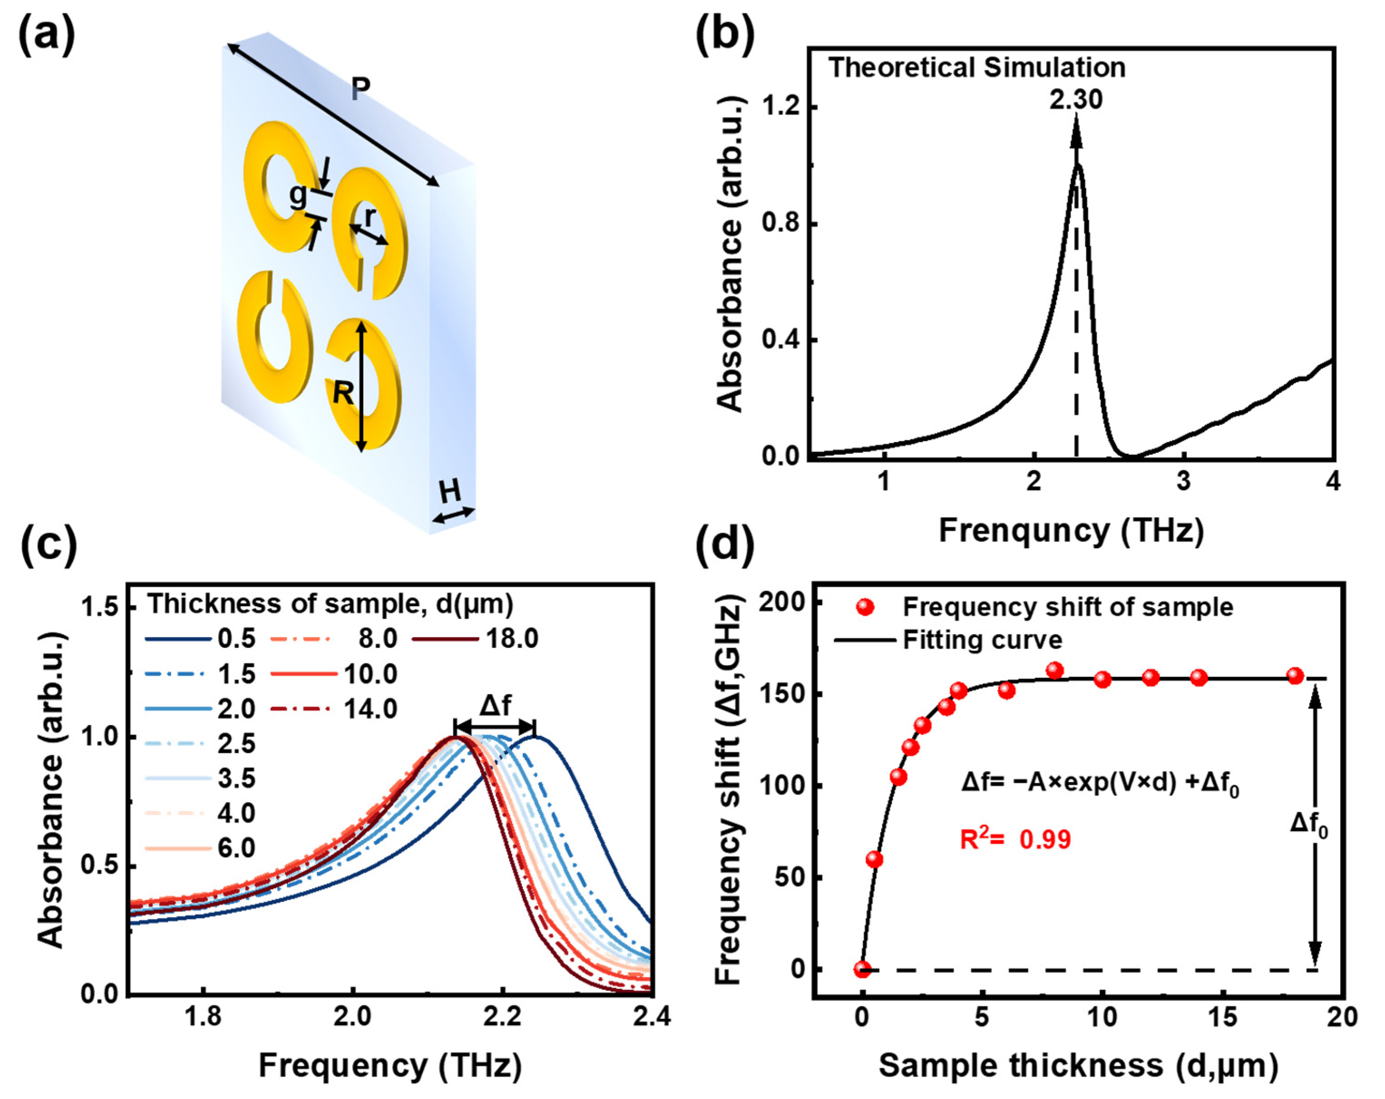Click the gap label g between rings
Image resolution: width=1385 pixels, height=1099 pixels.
(297, 195)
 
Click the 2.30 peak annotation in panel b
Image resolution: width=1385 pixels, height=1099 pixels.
(1075, 100)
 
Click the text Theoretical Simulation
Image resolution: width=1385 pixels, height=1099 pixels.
(977, 68)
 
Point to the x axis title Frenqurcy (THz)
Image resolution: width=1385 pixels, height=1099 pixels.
(1071, 530)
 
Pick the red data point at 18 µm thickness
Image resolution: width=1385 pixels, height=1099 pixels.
(1295, 676)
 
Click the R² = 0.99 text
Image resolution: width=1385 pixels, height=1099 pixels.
(1015, 840)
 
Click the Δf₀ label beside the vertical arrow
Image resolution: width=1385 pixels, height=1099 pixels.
(1308, 824)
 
